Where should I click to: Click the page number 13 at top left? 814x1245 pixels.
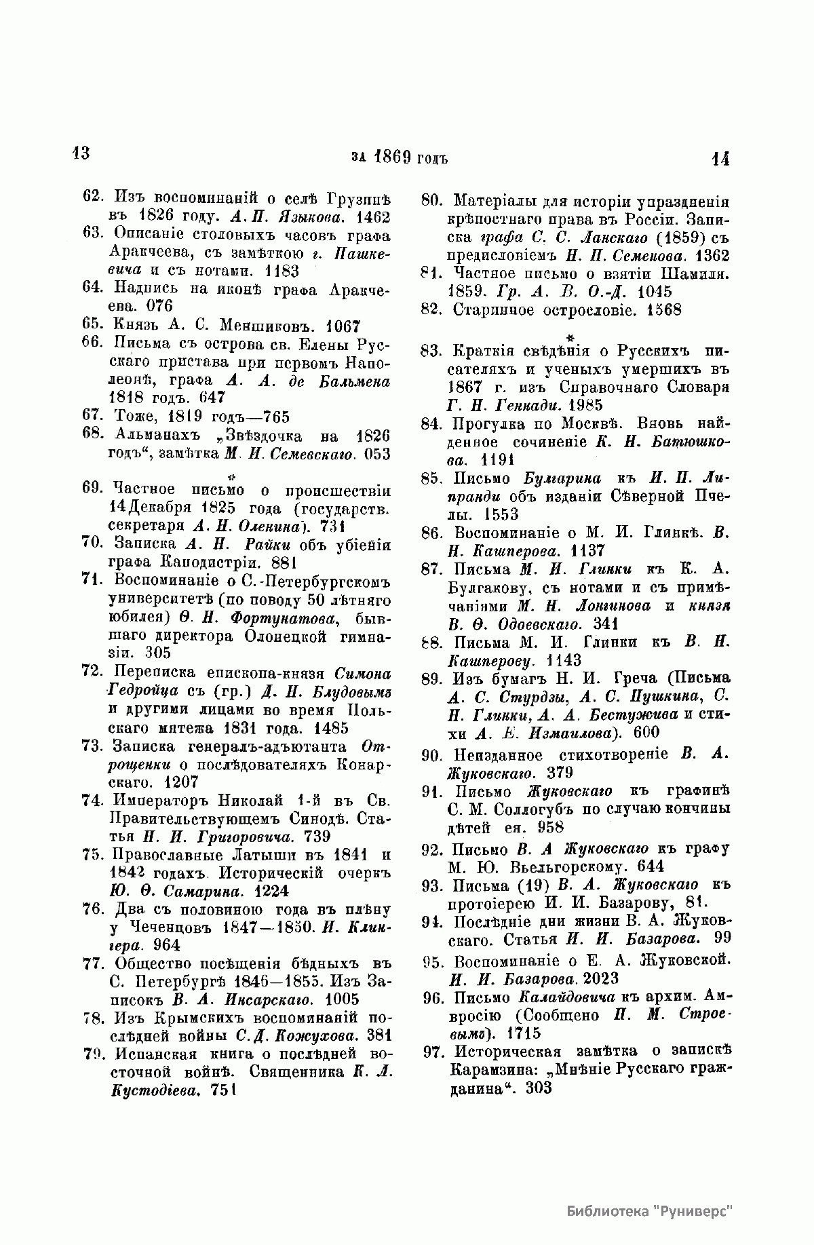81,153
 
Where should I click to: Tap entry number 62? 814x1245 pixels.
92,197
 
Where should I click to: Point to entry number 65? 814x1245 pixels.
92,325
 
